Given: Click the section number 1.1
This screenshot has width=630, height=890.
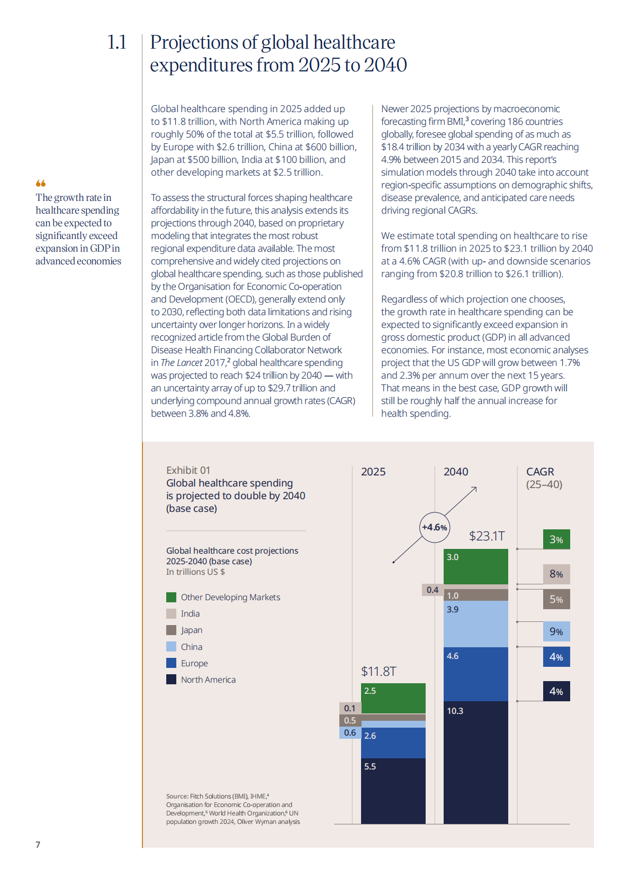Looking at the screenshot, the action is click(x=116, y=42).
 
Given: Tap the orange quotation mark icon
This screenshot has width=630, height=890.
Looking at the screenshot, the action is click(x=41, y=183).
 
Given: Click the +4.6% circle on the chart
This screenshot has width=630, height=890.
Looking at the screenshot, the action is click(x=435, y=527).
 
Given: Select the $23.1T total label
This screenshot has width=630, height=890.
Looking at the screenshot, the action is click(x=487, y=536).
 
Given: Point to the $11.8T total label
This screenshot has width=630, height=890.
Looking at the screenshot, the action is click(x=379, y=672).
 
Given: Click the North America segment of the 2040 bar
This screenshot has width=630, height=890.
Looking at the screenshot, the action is click(x=476, y=762).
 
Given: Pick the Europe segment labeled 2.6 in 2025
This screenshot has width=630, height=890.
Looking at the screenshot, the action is click(x=393, y=742).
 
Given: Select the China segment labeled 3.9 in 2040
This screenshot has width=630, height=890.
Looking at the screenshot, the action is click(x=476, y=624).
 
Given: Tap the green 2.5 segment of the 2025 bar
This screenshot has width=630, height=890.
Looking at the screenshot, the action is click(x=393, y=698).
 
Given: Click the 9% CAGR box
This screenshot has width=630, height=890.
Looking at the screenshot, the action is click(x=556, y=631).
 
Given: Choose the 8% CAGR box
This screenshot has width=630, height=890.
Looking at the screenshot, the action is click(x=556, y=574).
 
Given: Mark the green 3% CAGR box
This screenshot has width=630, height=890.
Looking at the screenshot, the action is click(x=556, y=539).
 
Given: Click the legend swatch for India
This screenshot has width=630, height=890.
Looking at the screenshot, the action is click(x=171, y=613).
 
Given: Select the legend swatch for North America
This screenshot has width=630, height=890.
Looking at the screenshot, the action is click(x=171, y=680).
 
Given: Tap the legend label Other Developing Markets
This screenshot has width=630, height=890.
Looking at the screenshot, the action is click(x=230, y=597).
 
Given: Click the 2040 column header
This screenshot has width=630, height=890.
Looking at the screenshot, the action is click(x=456, y=472).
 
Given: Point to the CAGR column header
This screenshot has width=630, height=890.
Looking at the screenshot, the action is click(x=540, y=472).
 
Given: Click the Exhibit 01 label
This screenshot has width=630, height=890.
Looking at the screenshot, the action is click(x=188, y=471).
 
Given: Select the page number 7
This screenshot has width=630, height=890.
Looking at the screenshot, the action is click(x=38, y=845).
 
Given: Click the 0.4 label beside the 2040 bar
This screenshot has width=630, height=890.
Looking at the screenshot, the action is click(x=433, y=590).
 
